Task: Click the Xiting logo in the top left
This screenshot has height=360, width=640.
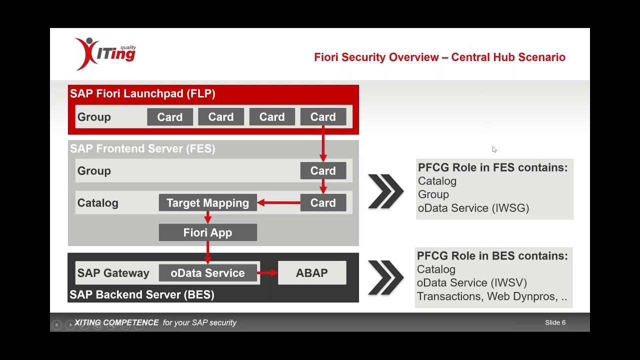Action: click(105, 53)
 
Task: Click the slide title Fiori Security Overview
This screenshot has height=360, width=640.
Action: click(439, 57)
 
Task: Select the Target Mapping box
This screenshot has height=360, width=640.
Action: click(207, 203)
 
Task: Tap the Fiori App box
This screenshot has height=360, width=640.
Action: click(207, 232)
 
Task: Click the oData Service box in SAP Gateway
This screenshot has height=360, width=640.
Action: click(207, 273)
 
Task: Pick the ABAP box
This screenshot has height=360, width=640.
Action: click(312, 273)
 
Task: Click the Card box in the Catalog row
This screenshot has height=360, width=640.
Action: click(323, 203)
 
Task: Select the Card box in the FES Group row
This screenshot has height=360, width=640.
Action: click(323, 171)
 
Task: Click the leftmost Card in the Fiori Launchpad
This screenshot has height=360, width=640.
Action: click(170, 117)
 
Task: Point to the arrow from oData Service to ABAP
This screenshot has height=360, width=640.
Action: click(267, 273)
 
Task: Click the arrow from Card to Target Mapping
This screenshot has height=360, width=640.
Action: click(278, 203)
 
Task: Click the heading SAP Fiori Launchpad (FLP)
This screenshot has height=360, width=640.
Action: click(142, 93)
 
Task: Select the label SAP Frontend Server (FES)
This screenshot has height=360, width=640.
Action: click(142, 148)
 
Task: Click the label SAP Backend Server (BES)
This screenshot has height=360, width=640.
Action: click(142, 294)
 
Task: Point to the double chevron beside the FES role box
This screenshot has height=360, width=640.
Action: click(385, 191)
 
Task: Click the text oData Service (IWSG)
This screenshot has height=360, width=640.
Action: click(473, 208)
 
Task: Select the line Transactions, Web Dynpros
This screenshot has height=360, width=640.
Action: click(491, 296)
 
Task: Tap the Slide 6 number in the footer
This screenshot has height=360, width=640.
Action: click(555, 322)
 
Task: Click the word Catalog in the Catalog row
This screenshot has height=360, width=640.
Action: click(97, 203)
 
